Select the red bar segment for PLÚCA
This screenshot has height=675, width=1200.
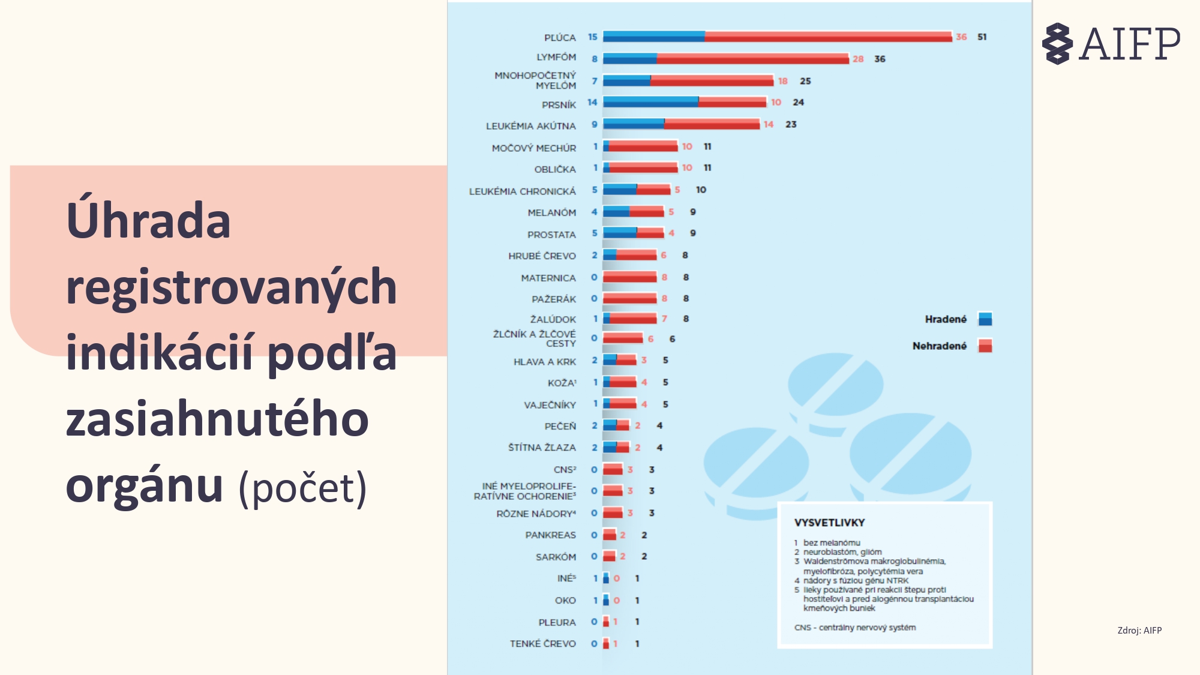pyautogui.click(x=828, y=37)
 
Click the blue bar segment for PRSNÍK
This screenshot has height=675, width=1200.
pyautogui.click(x=650, y=102)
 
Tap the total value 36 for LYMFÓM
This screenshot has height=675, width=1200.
pyautogui.click(x=880, y=59)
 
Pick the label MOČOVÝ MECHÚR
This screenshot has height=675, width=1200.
pyautogui.click(x=533, y=148)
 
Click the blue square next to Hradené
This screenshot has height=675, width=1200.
pyautogui.click(x=985, y=319)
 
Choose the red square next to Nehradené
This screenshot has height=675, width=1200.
pyautogui.click(x=985, y=346)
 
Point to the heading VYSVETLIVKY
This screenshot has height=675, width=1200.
pyautogui.click(x=829, y=523)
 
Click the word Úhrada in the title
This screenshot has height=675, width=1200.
pyautogui.click(x=148, y=221)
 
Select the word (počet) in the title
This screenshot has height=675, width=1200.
pyautogui.click(x=302, y=488)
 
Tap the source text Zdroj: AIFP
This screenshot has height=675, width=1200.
pyautogui.click(x=1139, y=630)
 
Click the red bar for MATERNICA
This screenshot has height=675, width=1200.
pyautogui.click(x=629, y=277)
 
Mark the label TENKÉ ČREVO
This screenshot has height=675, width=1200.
pyautogui.click(x=542, y=644)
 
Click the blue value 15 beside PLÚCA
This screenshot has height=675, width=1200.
pyautogui.click(x=593, y=37)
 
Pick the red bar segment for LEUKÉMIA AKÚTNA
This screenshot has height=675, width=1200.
pyautogui.click(x=712, y=124)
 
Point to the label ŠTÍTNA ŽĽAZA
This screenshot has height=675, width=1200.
pyautogui.click(x=541, y=448)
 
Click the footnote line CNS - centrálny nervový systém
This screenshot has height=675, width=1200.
pyautogui.click(x=854, y=628)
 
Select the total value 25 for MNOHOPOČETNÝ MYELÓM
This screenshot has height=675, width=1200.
pyautogui.click(x=805, y=81)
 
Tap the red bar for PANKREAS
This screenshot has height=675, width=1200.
pyautogui.click(x=610, y=535)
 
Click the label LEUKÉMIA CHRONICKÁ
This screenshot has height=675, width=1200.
pyautogui.click(x=522, y=191)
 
